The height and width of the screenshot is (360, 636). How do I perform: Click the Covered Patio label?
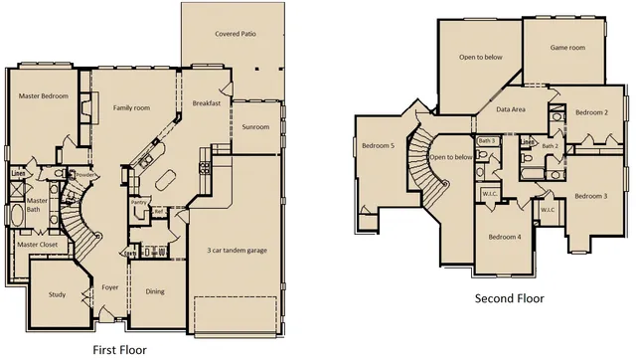point(236,34)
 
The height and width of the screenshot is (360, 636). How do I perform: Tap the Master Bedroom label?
point(43,95)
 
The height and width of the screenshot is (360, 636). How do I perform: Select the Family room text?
point(130,107)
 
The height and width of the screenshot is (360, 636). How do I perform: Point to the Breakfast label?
point(206,103)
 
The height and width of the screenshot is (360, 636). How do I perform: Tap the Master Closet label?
point(37,245)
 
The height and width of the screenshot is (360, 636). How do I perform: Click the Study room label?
point(57,294)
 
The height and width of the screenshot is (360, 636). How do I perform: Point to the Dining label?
point(155,291)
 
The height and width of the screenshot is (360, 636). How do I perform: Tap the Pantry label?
point(139,203)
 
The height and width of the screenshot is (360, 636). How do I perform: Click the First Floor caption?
point(119,349)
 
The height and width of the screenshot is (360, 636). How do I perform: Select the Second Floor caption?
point(509,298)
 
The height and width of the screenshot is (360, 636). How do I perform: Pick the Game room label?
point(568,47)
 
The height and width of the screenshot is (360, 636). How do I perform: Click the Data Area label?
point(511,108)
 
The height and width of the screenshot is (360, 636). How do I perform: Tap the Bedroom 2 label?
point(592,112)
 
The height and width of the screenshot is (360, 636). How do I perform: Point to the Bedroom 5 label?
point(379,146)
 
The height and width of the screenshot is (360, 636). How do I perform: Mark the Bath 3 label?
point(486,141)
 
